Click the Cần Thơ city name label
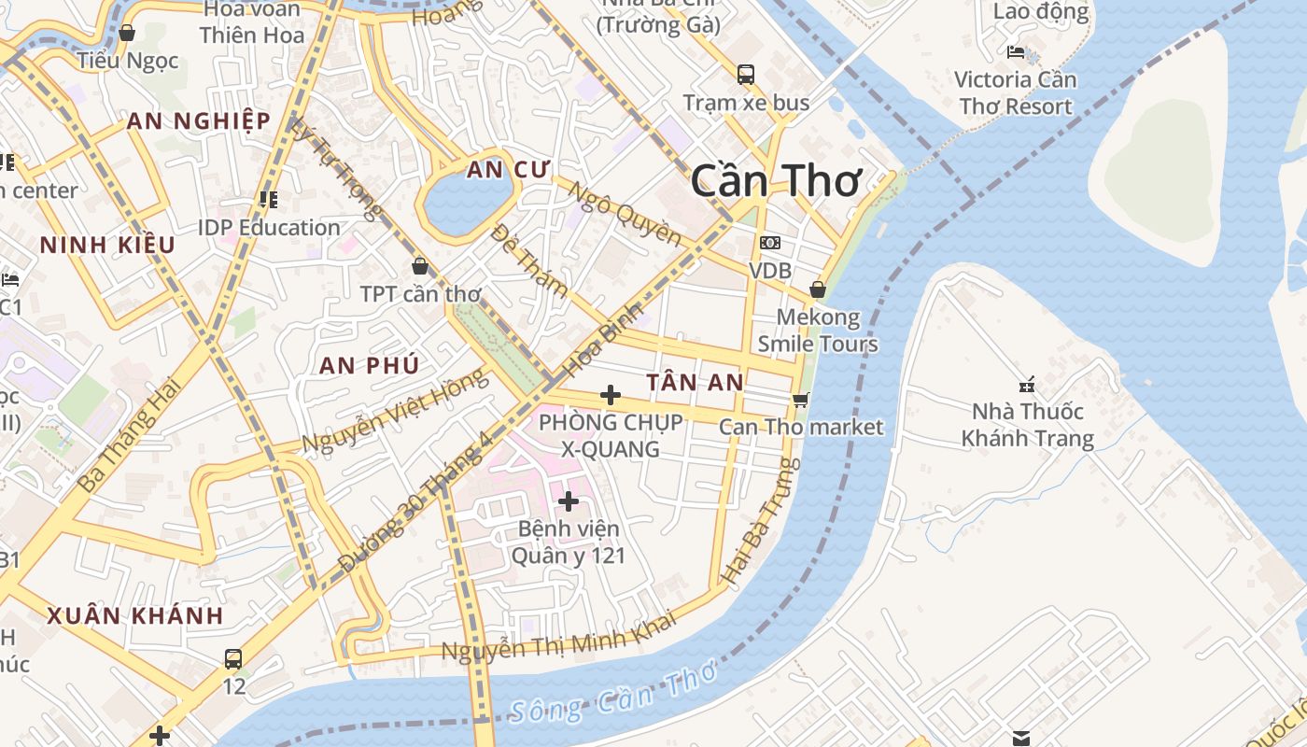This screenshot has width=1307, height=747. click(775, 180)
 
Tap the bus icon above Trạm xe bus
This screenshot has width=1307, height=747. click(745, 75)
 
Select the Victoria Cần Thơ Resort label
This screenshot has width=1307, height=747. click(1015, 92)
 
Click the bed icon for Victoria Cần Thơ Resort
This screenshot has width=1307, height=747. click(1016, 52)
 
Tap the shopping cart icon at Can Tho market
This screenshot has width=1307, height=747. click(800, 400)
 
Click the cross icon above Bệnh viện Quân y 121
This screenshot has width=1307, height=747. click(568, 501)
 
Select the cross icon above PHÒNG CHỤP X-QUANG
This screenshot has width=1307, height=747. click(610, 395)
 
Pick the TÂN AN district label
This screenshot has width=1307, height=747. click(695, 382)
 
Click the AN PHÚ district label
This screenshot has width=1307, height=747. click(369, 365)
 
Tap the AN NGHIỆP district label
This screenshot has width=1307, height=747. click(199, 120)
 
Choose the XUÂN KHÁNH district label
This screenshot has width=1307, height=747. click(135, 616)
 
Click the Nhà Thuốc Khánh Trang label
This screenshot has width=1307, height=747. click(1027, 425)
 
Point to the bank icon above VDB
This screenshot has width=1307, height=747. click(770, 243)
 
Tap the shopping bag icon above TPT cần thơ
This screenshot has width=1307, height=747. click(420, 266)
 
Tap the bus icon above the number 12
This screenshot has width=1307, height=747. click(233, 658)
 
